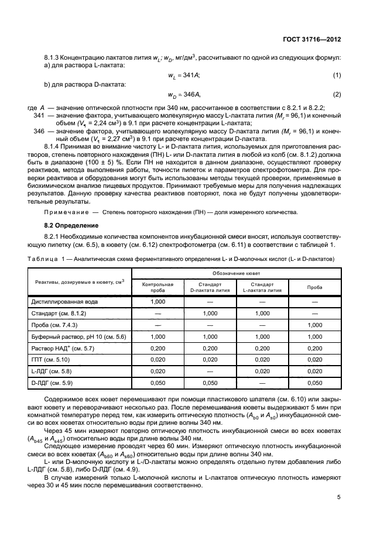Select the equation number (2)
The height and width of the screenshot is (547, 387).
[337, 94]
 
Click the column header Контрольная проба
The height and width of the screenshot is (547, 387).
[157, 286]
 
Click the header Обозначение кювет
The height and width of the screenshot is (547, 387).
[235, 273]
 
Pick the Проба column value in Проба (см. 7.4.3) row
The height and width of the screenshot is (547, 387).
[314, 325]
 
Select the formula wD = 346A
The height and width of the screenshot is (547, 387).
[183, 94]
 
